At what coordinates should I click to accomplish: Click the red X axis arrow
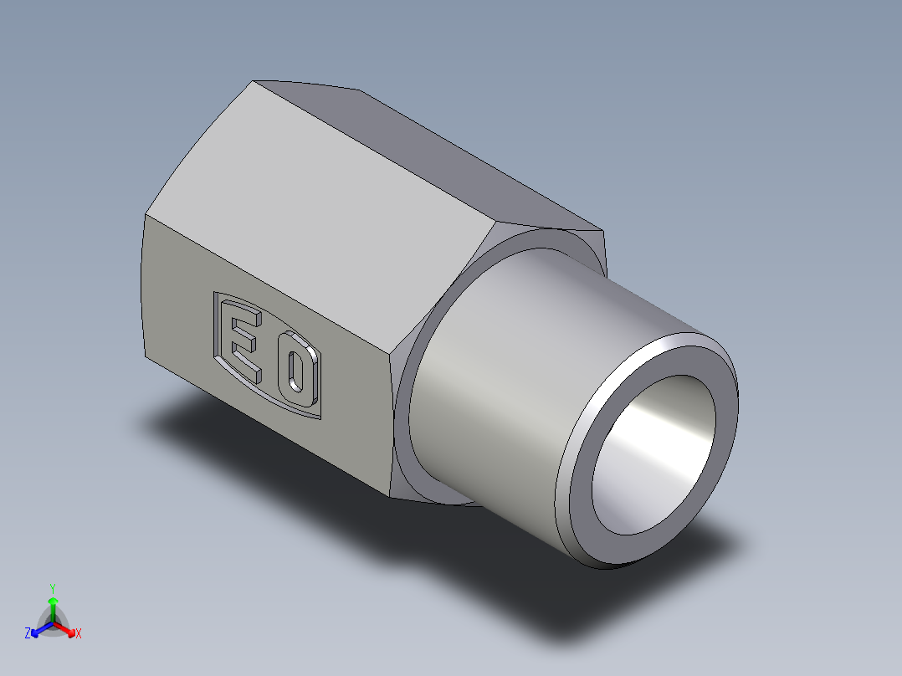click(x=69, y=630)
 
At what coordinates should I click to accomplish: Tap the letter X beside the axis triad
click(x=79, y=634)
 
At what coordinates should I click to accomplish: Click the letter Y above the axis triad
click(x=53, y=588)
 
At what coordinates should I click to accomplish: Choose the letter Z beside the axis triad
click(x=28, y=634)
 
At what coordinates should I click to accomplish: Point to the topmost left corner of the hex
click(x=254, y=81)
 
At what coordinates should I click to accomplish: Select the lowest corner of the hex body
click(x=392, y=494)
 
